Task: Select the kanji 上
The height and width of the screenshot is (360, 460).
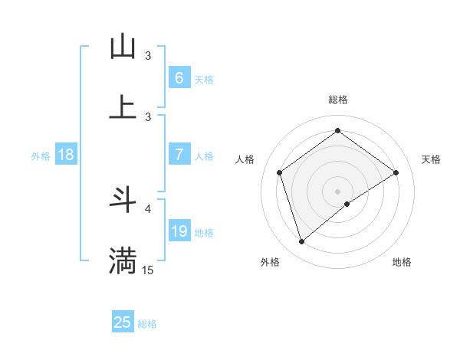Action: [123, 107]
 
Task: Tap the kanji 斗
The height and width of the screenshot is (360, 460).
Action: [123, 198]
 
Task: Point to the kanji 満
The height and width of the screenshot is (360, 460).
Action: [123, 260]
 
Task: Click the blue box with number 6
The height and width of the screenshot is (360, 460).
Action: [179, 77]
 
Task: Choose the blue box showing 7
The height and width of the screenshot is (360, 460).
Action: [179, 155]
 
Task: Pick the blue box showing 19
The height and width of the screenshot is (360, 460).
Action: [179, 231]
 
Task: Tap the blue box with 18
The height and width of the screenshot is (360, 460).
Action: [66, 155]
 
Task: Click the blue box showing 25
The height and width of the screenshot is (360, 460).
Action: [123, 322]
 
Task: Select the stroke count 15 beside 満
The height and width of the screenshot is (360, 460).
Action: [148, 270]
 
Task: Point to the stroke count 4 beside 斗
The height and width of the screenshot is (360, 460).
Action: [148, 208]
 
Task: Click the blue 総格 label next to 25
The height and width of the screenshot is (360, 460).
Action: [147, 324]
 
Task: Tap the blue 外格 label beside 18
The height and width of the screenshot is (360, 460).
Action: [41, 155]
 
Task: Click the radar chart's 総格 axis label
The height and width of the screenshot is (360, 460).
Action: [337, 100]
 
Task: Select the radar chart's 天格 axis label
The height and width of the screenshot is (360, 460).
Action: [432, 159]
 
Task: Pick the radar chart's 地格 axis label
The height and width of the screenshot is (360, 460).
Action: [402, 262]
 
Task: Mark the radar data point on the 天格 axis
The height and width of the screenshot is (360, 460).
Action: [396, 172]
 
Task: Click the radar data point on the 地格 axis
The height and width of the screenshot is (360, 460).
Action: [347, 204]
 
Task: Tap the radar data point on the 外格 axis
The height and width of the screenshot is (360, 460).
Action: [302, 242]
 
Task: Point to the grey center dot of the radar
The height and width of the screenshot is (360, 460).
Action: [337, 191]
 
